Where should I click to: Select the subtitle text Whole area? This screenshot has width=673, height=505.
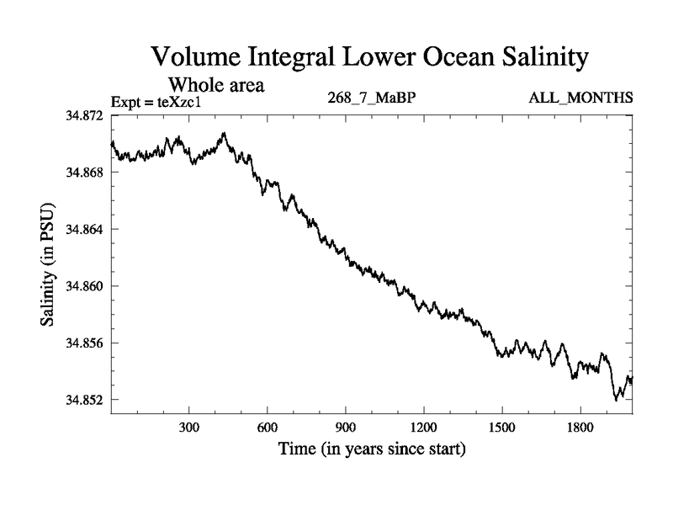point(217,85)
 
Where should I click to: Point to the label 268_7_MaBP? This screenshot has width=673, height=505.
point(372,99)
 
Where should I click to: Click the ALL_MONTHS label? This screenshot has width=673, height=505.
point(580,99)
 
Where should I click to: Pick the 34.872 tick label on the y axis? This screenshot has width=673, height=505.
point(86,114)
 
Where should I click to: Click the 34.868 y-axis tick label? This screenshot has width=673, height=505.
point(86,172)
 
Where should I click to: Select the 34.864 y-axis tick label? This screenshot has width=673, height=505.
point(86,229)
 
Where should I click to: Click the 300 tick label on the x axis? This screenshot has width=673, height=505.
point(189,428)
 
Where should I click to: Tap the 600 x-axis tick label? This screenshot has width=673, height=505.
point(268,428)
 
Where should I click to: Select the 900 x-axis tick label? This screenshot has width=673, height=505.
point(346,428)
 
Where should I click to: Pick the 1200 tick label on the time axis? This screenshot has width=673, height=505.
point(424,428)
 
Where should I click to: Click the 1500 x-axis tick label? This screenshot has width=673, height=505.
point(502,428)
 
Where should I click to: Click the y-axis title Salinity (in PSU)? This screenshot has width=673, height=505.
point(49,266)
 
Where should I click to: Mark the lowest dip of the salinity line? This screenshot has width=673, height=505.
point(616,400)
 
